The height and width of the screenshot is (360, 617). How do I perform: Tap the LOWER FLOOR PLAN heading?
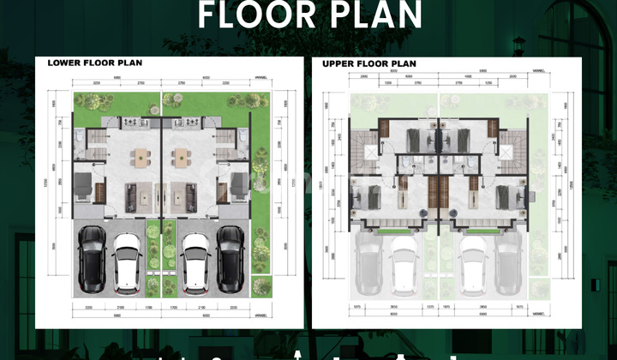(94, 63)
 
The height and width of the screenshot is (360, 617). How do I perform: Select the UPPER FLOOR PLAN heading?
(369, 63)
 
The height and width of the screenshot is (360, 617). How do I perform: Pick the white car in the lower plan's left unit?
(127, 257)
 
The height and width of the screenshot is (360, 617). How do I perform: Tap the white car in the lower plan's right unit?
(195, 257)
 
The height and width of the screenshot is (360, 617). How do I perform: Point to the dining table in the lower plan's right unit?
(181, 158)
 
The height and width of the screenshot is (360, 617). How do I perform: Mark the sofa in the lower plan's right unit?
(187, 196)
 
